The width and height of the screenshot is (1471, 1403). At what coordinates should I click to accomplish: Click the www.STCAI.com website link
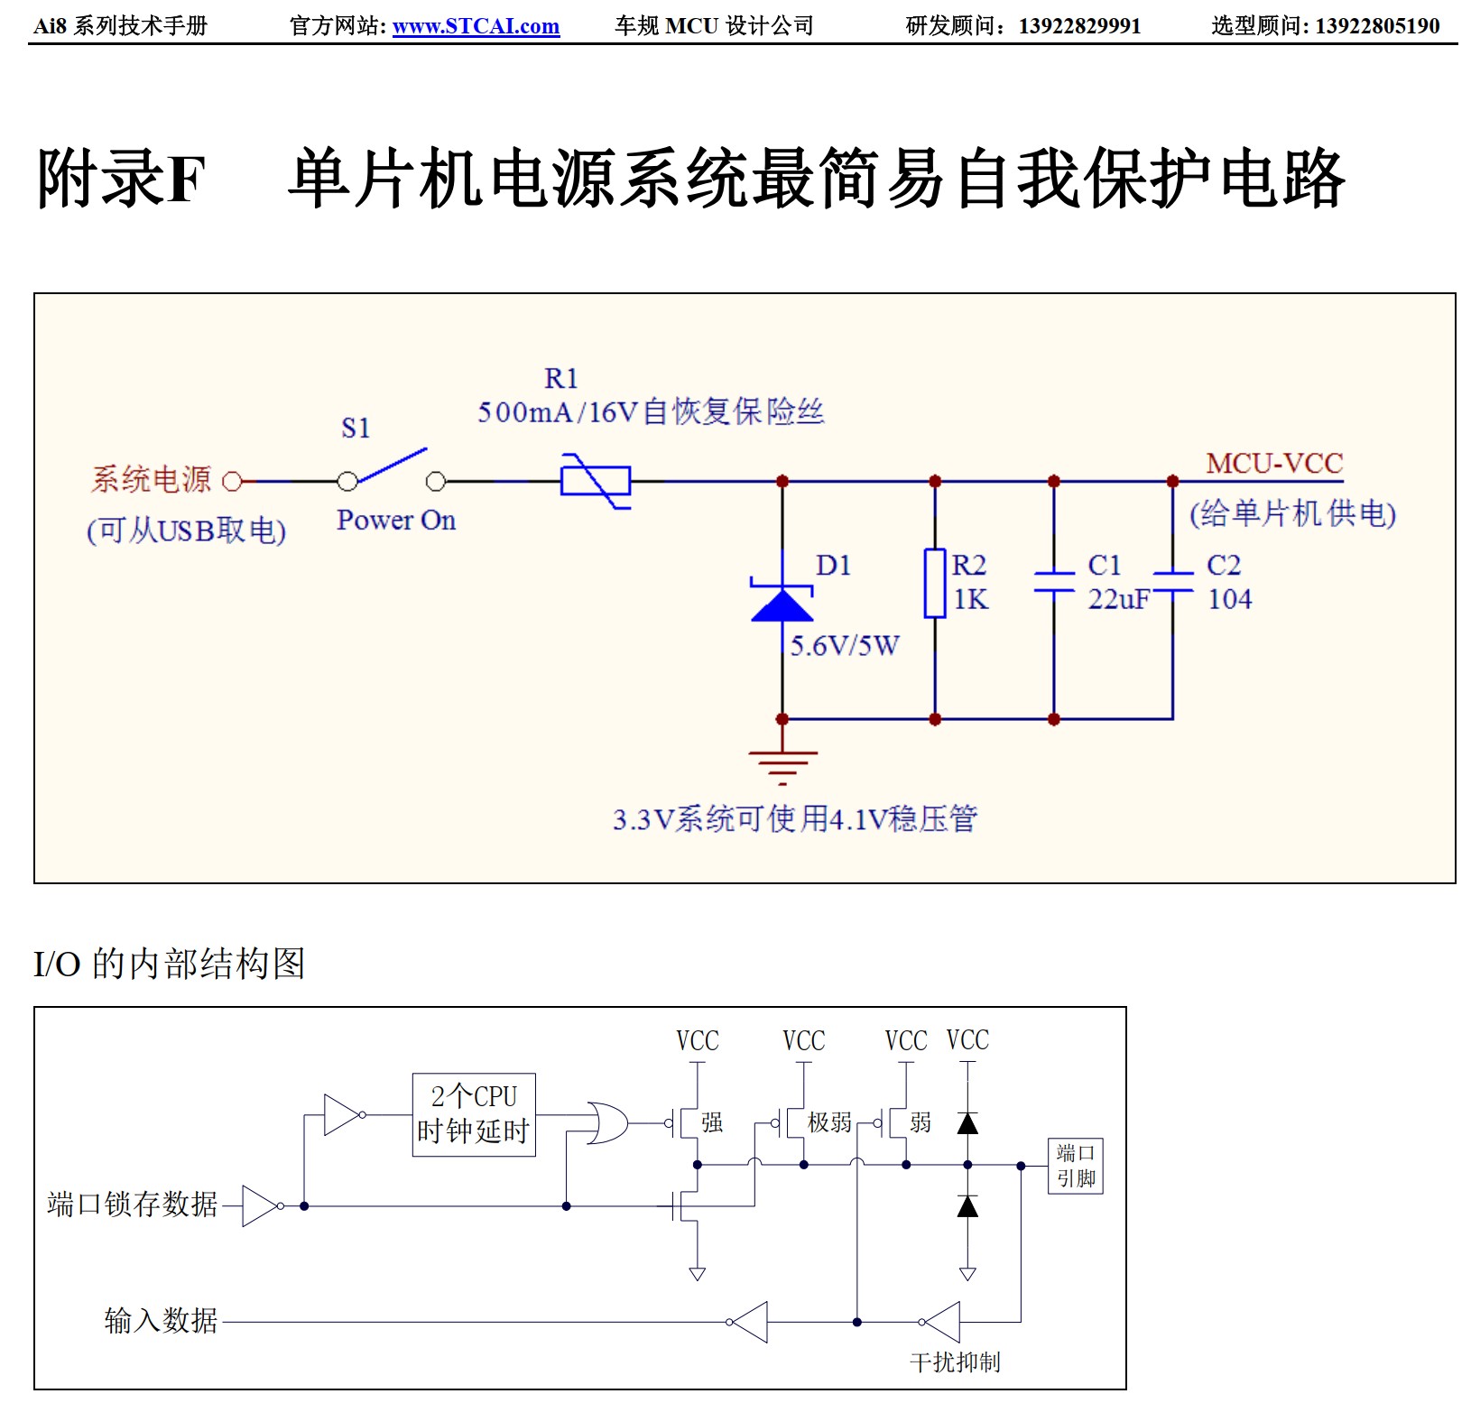(476, 26)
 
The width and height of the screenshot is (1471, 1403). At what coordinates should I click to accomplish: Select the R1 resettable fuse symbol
(596, 481)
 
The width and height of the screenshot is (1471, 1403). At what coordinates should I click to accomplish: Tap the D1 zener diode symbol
(782, 603)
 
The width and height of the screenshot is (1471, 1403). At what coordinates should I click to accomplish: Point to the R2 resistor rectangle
(935, 583)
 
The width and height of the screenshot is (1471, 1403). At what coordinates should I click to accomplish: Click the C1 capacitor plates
(1053, 582)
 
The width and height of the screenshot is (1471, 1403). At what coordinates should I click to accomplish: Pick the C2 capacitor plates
(1172, 582)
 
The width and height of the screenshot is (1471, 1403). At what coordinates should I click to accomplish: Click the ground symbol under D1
(782, 765)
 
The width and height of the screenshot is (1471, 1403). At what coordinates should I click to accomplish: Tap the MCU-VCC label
(1274, 464)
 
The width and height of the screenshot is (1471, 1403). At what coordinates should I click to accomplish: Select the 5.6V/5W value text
(845, 646)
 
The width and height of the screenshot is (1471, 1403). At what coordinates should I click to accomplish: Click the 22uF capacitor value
(1119, 599)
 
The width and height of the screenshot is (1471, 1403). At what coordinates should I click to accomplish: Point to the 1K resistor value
(971, 599)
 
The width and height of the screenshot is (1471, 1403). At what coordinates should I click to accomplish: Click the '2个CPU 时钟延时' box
(474, 1114)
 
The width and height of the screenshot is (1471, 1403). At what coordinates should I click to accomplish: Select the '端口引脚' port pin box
(1076, 1166)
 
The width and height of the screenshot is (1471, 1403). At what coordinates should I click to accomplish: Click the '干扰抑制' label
(955, 1361)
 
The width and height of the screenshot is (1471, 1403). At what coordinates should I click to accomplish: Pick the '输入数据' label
(161, 1321)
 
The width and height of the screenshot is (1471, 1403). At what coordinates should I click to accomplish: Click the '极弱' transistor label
(829, 1122)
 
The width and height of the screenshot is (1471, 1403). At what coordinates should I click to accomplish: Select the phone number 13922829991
(1079, 26)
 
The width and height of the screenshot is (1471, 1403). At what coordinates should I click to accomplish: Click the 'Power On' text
(396, 521)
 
